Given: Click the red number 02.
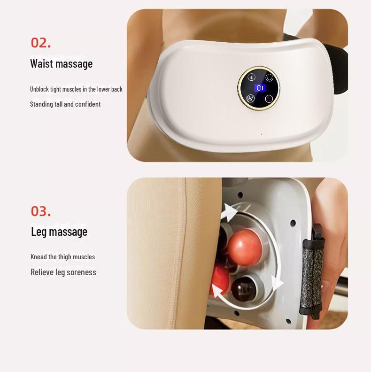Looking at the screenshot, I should coord(41,43).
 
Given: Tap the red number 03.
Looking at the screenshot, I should coord(41,211).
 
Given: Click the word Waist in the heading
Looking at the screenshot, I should coord(41,63).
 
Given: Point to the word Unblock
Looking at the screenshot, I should coord(39,89).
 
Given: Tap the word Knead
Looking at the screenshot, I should coord(39,257).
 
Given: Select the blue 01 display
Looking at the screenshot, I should coord(260,88).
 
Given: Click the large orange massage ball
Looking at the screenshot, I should coord(245,247).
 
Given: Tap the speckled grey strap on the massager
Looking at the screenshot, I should coord(312,273).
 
